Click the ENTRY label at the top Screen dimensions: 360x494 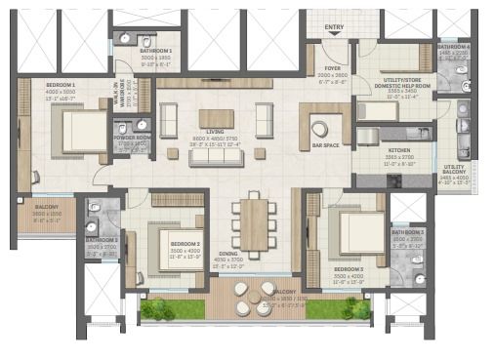pyautogui.click(x=334, y=26)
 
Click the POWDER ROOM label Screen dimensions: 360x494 pyautogui.click(x=131, y=139)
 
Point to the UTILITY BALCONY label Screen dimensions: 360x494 pyautogui.click(x=455, y=169)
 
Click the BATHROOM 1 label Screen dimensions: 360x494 pyautogui.click(x=154, y=51)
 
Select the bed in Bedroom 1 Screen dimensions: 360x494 pyautogui.click(x=82, y=129)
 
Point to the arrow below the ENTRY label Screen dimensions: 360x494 pyautogui.click(x=334, y=35)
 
